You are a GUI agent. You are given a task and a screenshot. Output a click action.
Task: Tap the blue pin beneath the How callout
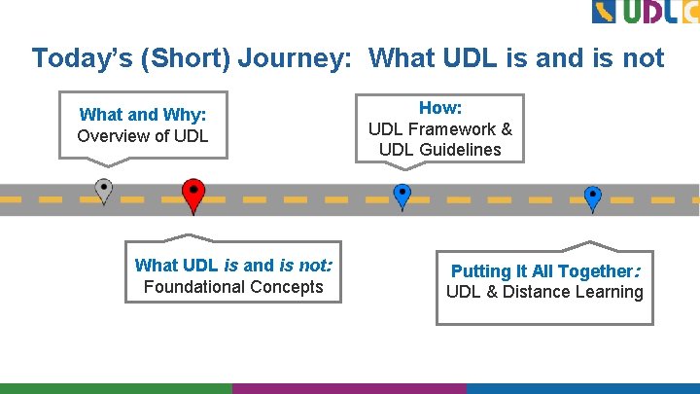[402, 194]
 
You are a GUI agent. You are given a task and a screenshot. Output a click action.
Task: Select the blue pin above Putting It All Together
[592, 196]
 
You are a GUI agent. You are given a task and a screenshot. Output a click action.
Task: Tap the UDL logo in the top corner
[645, 12]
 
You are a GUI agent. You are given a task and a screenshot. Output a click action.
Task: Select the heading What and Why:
[142, 115]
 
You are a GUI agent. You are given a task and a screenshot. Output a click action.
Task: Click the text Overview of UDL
[142, 136]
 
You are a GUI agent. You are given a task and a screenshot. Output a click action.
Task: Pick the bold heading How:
[440, 108]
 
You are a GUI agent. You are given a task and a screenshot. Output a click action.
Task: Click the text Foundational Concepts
[233, 287]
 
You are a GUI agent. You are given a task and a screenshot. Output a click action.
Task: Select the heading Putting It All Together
[543, 271]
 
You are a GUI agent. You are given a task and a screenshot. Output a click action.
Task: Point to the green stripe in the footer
[116, 388]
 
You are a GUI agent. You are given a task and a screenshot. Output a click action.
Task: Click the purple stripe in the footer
[349, 388]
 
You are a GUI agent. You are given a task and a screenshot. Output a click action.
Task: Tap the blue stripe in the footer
[582, 388]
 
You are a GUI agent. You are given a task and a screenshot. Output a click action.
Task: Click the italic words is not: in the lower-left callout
[305, 265]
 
